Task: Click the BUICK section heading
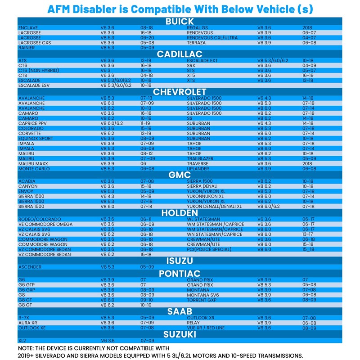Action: [x=180, y=22]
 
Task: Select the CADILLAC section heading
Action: [x=180, y=54]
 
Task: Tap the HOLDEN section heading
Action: [x=180, y=213]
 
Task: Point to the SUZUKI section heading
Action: [x=180, y=334]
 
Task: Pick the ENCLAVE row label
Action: [x=27, y=28]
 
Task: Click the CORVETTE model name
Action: [x=30, y=134]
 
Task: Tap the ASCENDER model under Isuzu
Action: [x=30, y=267]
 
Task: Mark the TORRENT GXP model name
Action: [x=202, y=300]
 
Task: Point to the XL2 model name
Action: [x=22, y=341]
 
